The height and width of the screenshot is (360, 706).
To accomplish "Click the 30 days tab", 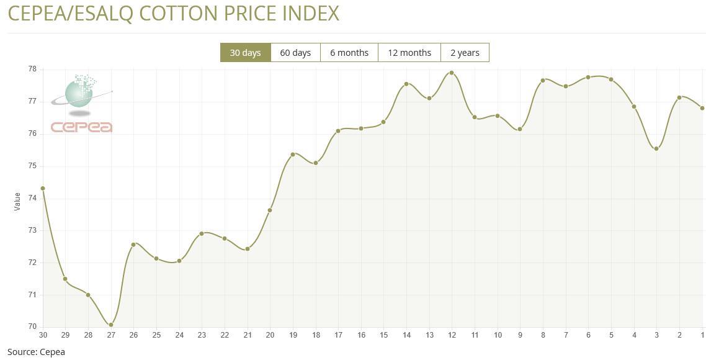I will pos(245,53).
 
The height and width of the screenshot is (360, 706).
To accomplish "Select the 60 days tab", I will pos(295,53).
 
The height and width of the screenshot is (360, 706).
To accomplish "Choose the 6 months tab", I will pos(349,53).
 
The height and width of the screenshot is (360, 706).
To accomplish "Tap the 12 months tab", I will pos(409,53).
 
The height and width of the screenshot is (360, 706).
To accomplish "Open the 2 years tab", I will pos(465,53).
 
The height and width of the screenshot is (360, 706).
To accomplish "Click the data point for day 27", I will pos(111,325).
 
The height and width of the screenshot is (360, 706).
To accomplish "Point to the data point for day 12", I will pos(452,73).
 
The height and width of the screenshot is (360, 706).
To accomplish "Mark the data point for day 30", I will pos(43,189).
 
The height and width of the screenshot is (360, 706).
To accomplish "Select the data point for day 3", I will pos(656,149).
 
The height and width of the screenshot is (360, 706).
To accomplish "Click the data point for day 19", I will pos(293,155).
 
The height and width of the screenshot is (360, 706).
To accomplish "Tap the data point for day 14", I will pos(406,84).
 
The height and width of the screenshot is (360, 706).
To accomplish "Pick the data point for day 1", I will pos(702,108).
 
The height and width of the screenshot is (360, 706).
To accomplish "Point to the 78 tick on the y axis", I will pos(32,69).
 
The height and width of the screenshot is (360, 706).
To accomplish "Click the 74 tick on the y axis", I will pos(32,198).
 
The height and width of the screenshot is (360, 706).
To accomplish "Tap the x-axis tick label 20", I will pos(270,335).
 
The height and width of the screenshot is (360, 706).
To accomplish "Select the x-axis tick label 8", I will pos(543,335).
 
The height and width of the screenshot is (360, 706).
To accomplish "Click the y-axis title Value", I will pos(17,201).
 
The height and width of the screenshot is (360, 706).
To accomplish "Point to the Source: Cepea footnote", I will pos(36,352).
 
